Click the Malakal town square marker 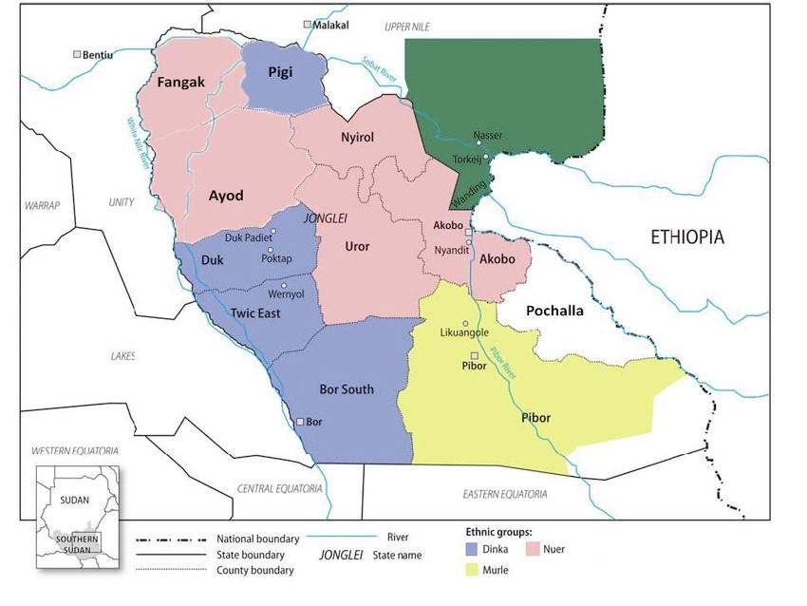307,24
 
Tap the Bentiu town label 98,55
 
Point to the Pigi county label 279,72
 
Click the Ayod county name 226,196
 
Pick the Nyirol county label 357,138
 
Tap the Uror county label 356,247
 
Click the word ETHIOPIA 687,237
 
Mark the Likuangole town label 465,333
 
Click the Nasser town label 488,135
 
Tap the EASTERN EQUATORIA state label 505,494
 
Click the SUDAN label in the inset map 75,497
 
